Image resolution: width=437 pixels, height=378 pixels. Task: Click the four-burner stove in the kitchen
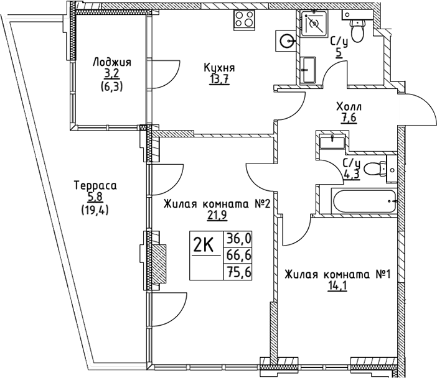(x=245, y=19)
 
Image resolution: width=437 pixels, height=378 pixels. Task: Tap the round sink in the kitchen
(x=287, y=42)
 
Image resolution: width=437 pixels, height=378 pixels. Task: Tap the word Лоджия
(x=112, y=62)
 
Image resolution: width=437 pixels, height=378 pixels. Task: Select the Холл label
(x=347, y=108)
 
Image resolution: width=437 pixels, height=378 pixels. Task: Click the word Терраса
(x=95, y=185)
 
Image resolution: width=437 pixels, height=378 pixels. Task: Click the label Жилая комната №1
(x=337, y=275)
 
